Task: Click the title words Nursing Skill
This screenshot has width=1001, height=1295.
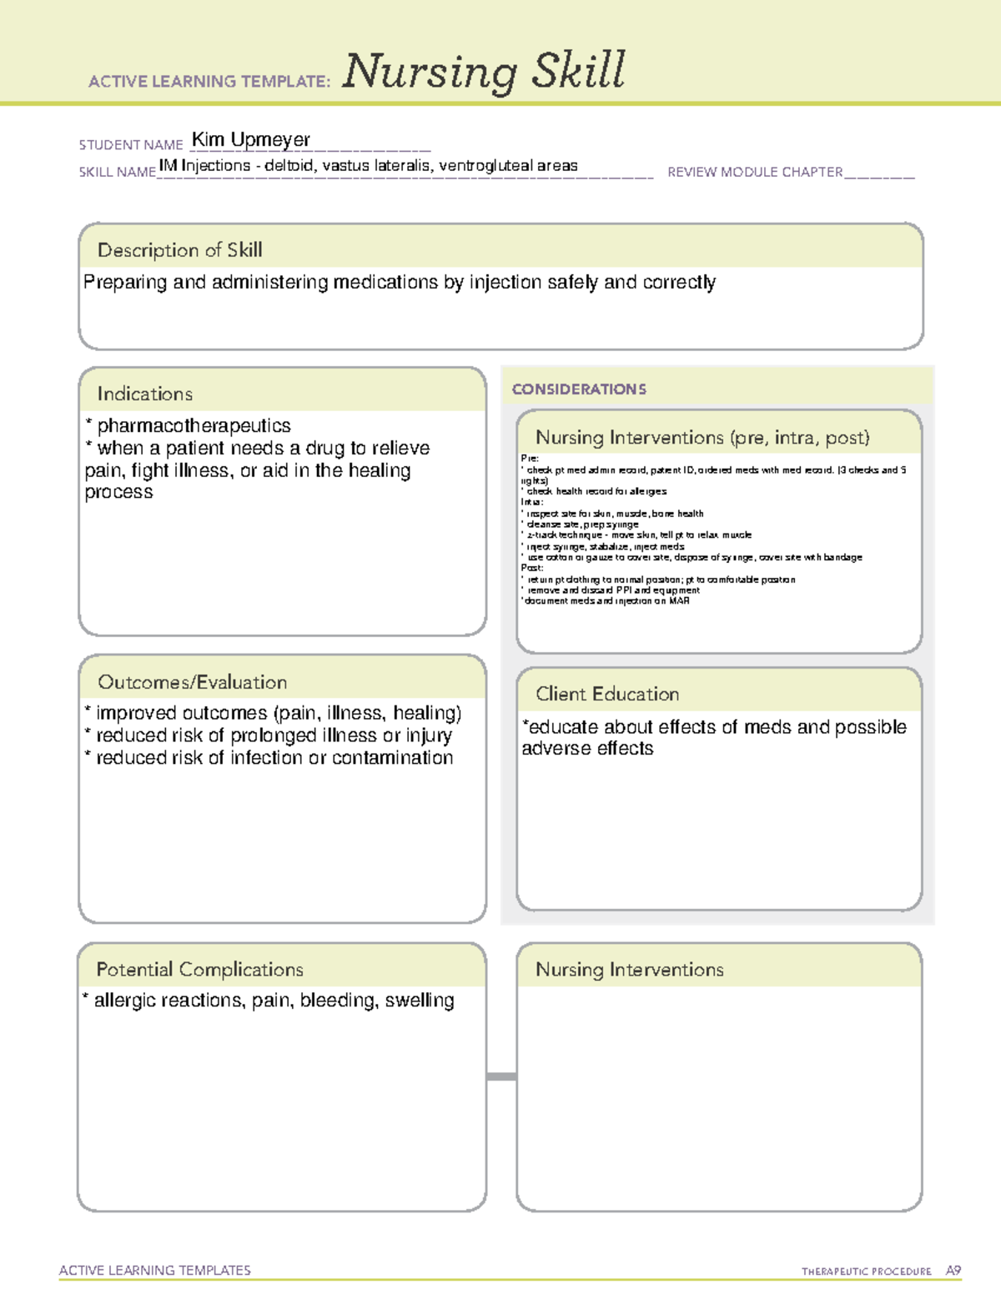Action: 484,71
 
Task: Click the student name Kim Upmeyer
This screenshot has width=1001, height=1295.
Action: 251,139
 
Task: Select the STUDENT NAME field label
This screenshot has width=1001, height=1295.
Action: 131,145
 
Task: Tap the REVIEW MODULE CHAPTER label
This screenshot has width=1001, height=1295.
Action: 755,172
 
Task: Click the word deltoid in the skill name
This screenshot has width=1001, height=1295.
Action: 289,165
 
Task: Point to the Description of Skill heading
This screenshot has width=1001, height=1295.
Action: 179,250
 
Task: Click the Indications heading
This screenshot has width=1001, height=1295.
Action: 144,394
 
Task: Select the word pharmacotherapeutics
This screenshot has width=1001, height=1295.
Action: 194,426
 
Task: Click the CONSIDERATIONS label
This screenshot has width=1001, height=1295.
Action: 579,389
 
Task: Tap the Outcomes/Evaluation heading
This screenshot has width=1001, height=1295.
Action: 192,682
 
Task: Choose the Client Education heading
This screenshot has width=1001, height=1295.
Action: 607,694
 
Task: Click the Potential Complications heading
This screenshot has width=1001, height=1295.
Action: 199,969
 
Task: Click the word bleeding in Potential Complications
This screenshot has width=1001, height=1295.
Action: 338,1000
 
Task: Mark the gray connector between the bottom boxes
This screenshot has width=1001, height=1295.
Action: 501,1077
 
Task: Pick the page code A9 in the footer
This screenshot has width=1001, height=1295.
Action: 953,1270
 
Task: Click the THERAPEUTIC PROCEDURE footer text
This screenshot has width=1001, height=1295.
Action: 866,1272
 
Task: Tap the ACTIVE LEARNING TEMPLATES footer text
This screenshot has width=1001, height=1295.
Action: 154,1270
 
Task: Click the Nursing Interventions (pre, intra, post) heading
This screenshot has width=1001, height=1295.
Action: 702,438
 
